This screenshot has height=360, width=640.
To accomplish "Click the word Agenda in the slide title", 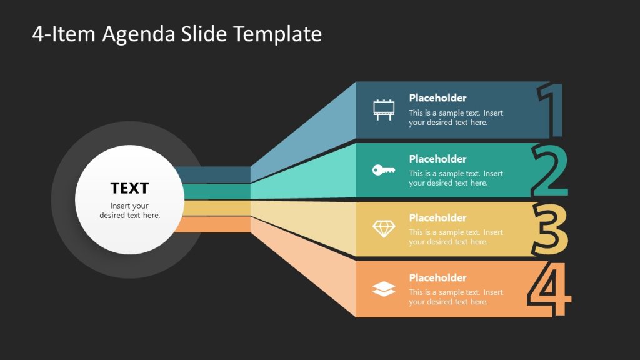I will point(139,34).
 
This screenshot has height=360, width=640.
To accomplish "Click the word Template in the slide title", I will point(277,34).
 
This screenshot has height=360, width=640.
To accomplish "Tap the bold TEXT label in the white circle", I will point(129,188).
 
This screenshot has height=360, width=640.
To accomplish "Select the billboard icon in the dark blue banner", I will point(384,109).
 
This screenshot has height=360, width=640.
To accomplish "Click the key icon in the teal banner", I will point(384,169).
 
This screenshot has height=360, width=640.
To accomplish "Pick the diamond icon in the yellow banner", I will point(384,229).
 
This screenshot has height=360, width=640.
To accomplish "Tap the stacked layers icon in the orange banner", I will point(384,289).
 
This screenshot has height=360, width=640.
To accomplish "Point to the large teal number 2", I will point(549,171).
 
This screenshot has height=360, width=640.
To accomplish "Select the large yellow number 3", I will point(550,230).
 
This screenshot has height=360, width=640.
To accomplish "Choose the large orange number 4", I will point(549,290).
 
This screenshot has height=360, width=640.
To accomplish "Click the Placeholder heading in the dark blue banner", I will point(437,97).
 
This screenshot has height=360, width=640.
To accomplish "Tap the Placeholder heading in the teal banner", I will point(437,159).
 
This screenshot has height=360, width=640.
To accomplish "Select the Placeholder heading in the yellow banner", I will point(437,218).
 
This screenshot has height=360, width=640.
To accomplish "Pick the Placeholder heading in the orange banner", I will point(437,278).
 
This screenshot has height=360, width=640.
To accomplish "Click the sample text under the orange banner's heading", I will point(456,297).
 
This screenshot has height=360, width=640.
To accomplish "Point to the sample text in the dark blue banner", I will point(456,118).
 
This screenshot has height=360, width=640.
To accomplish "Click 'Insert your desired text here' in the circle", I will point(130,211).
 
